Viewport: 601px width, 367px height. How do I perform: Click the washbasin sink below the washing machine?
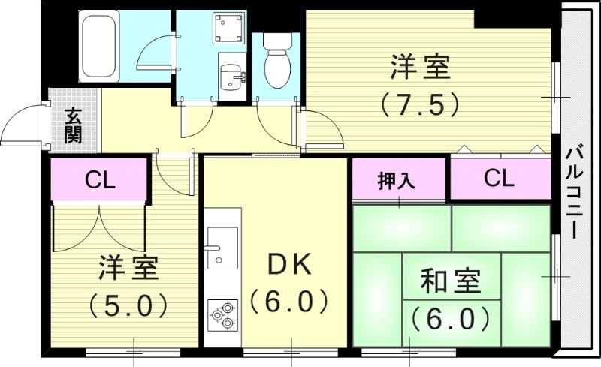pos(231,74)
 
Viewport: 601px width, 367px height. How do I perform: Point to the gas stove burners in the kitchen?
pos(223,315)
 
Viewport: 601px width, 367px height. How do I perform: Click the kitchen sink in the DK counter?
pos(222,247)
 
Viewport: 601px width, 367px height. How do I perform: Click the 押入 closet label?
pos(397,181)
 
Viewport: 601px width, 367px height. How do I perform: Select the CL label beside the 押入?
pos(499,179)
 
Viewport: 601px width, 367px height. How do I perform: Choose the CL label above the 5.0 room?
pos(99,180)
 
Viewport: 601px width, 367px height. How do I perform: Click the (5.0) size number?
pos(127,304)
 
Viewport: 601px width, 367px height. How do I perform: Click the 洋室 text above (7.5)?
pos(420,68)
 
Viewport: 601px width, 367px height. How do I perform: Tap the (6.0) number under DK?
pos(288,302)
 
